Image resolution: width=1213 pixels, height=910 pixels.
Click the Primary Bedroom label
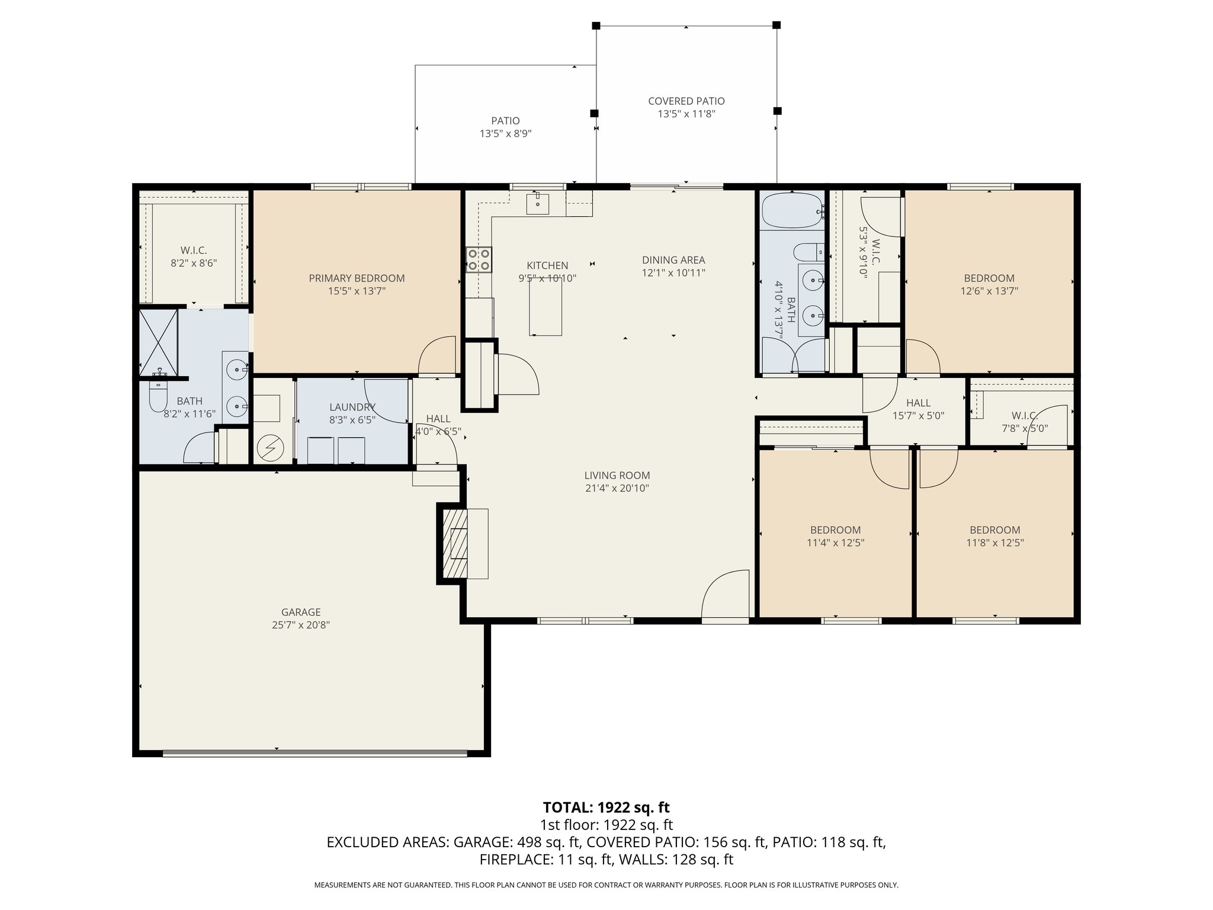[357, 278]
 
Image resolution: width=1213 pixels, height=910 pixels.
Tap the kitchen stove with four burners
[479, 259]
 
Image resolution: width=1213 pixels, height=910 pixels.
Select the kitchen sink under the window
[537, 204]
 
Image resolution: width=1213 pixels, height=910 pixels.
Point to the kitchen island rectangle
[545, 307]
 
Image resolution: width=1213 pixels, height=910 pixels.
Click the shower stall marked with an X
[158, 342]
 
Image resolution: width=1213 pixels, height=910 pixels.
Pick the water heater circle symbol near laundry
[270, 448]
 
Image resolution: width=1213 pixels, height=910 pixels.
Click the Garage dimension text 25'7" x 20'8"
[301, 625]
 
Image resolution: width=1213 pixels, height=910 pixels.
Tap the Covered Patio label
[686, 101]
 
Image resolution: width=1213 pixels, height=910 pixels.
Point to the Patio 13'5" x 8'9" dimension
[505, 134]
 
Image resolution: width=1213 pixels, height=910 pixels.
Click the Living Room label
[617, 475]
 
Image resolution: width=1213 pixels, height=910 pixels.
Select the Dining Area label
[673, 260]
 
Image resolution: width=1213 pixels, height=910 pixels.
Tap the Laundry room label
[352, 408]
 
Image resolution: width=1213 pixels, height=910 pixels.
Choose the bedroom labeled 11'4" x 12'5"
[835, 537]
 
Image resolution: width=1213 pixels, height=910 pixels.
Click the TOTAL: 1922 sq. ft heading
[606, 807]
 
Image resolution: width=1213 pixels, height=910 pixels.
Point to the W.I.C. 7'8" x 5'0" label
[1024, 422]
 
